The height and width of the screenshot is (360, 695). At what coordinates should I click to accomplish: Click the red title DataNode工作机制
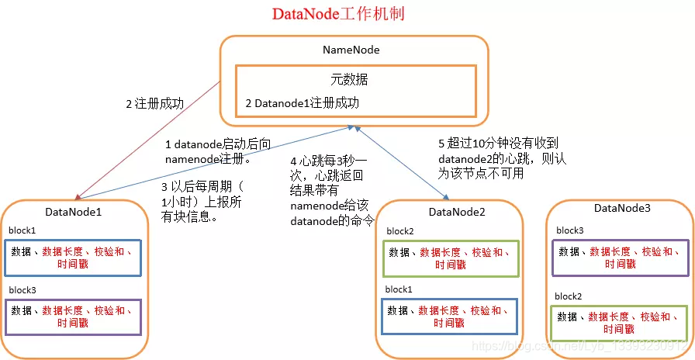pyautogui.click(x=337, y=15)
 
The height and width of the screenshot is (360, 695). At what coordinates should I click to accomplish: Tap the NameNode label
pyautogui.click(x=351, y=50)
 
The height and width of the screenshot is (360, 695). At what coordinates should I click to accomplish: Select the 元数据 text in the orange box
pyautogui.click(x=348, y=79)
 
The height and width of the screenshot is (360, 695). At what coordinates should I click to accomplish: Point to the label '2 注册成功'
pyautogui.click(x=154, y=103)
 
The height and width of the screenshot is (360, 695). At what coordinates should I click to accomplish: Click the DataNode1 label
pyautogui.click(x=74, y=211)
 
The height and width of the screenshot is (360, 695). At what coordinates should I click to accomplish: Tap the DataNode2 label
pyautogui.click(x=456, y=212)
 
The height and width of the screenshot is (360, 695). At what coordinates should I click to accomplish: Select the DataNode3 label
pyautogui.click(x=622, y=208)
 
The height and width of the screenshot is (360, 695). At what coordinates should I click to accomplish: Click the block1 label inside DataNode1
pyautogui.click(x=22, y=231)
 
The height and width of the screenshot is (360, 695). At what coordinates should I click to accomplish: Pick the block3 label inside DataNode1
pyautogui.click(x=22, y=289)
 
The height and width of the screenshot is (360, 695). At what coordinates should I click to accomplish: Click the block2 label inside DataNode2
pyautogui.click(x=399, y=231)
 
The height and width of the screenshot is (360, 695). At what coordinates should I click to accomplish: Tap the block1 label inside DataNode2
pyautogui.click(x=398, y=289)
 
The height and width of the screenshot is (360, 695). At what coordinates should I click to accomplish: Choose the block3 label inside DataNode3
pyautogui.click(x=569, y=230)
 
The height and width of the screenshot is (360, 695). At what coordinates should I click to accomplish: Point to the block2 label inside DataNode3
pyautogui.click(x=568, y=296)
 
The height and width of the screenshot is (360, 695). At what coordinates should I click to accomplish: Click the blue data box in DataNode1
pyautogui.click(x=73, y=258)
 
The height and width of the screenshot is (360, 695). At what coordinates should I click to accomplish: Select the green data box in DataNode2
pyautogui.click(x=450, y=258)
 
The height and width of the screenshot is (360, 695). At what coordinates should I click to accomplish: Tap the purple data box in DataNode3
pyautogui.click(x=620, y=258)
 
